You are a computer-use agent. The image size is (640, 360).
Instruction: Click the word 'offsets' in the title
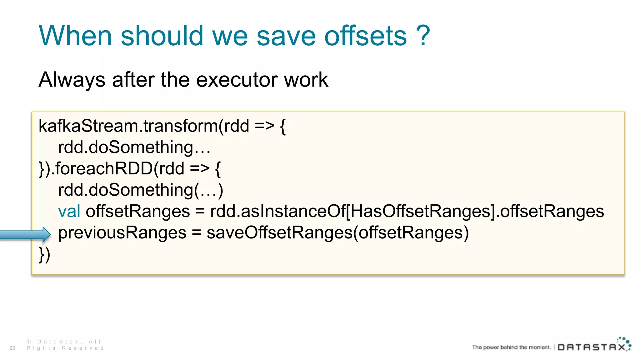pyautogui.click(x=366, y=36)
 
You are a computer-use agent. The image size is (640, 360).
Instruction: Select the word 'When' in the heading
pyautogui.click(x=75, y=36)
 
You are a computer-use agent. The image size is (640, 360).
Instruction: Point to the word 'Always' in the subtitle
pyautogui.click(x=72, y=80)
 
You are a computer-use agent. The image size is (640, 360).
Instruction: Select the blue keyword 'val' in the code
pyautogui.click(x=69, y=211)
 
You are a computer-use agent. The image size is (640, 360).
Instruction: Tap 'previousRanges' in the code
pyautogui.click(x=122, y=233)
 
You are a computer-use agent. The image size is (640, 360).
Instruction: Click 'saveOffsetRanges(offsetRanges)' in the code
pyautogui.click(x=337, y=233)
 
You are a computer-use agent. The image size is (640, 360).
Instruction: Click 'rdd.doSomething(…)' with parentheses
pyautogui.click(x=141, y=190)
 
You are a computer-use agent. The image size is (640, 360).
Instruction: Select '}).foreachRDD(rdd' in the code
pyautogui.click(x=111, y=169)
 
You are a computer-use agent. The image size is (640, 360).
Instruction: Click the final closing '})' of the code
pyautogui.click(x=44, y=254)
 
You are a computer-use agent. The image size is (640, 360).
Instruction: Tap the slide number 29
pyautogui.click(x=12, y=348)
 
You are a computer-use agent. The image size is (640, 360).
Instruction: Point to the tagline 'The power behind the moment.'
pyautogui.click(x=511, y=347)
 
